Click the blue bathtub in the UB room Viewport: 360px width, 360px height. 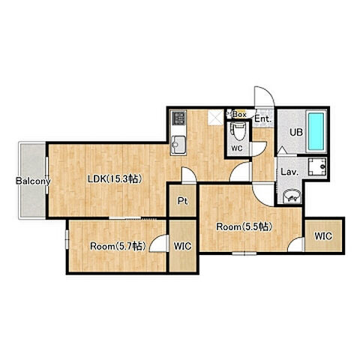click(316, 131)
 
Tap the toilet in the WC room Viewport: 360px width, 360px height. click(239, 131)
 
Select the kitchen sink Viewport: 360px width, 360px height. click(178, 145)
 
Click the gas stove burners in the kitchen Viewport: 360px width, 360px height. click(178, 118)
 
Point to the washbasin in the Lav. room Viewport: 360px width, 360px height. click(292, 196)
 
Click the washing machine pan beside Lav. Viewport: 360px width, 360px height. click(317, 167)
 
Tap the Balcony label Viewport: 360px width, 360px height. click(33, 181)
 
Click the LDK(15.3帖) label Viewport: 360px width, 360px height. click(115, 178)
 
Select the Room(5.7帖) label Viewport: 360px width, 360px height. click(118, 246)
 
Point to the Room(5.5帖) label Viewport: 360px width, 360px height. click(244, 226)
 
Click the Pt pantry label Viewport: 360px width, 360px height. click(182, 201)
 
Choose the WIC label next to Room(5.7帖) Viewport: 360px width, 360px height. click(182, 246)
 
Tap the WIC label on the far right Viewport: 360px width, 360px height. click(323, 236)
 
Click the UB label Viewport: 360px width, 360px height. click(296, 132)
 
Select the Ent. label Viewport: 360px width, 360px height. click(262, 118)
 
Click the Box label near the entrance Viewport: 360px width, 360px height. click(239, 115)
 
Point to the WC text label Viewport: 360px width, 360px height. click(237, 148)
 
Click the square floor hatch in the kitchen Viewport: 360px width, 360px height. click(216, 118)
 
